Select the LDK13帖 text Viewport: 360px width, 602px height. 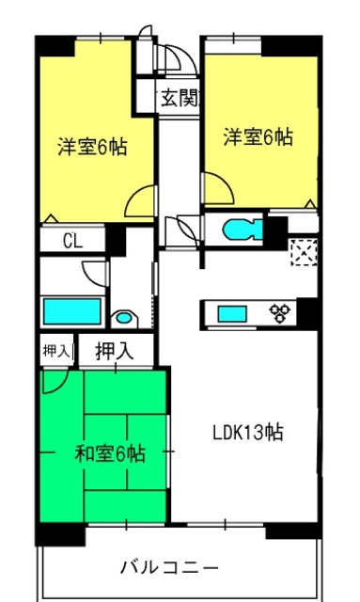(x=248, y=433)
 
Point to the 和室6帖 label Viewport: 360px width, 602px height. (x=110, y=453)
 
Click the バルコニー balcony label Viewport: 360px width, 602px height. (x=170, y=567)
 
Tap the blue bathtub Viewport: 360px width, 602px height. (x=72, y=311)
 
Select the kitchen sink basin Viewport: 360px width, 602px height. (x=232, y=313)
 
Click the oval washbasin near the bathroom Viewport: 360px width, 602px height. (x=123, y=318)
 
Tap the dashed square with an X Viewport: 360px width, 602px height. (x=304, y=252)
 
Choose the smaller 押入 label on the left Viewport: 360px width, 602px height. (x=57, y=351)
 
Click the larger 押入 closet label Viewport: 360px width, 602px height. (x=115, y=351)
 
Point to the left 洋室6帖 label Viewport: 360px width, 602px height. (x=92, y=147)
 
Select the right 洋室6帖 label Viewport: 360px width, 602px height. (x=258, y=137)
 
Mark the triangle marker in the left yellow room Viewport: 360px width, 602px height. (x=51, y=218)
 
